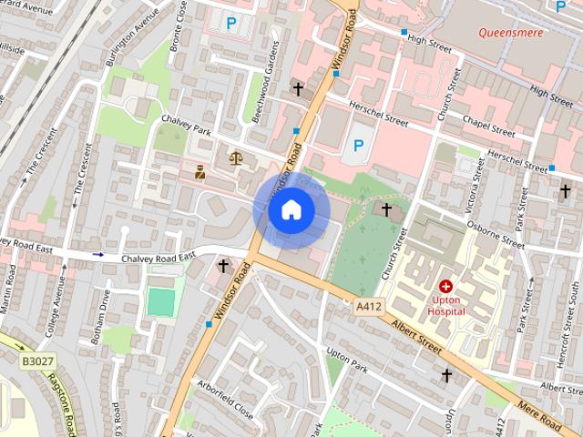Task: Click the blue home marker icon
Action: coord(291,210)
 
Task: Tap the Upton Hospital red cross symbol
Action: coord(446,286)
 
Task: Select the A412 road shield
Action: coord(369,308)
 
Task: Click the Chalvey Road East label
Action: coord(159,258)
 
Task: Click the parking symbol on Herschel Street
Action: coord(359,145)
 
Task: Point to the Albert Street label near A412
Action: coord(416,336)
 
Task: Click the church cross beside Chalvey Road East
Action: coord(223,266)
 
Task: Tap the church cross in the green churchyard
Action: coord(386,209)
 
